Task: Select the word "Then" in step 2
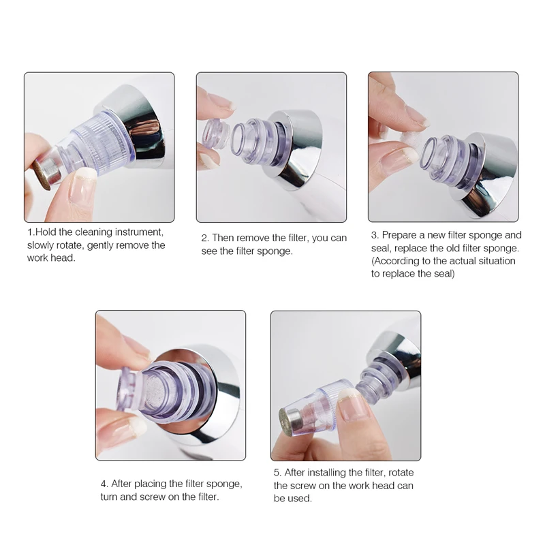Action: [223, 238]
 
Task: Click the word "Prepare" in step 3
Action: [399, 235]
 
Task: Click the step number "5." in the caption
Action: [277, 473]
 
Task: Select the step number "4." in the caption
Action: [104, 484]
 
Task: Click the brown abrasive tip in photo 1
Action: [42, 175]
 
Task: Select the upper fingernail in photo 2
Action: [219, 103]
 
